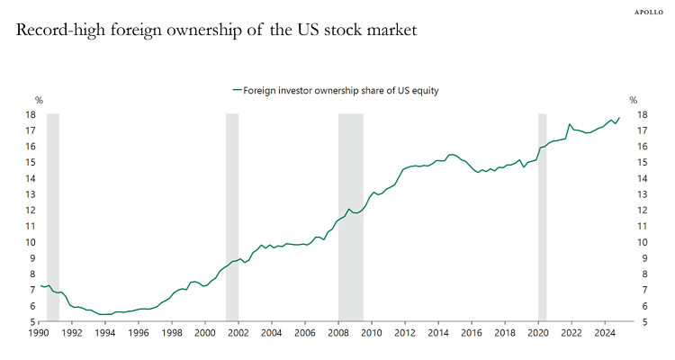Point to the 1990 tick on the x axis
pyautogui.click(x=39, y=333)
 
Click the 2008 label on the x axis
pyautogui.click(x=338, y=333)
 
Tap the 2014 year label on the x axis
pyautogui.click(x=438, y=333)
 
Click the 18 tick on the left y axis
pyautogui.click(x=31, y=114)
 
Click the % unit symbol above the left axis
pyautogui.click(x=39, y=100)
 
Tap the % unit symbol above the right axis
pyautogui.click(x=633, y=100)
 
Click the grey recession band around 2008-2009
pyautogui.click(x=350, y=216)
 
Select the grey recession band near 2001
pyautogui.click(x=232, y=216)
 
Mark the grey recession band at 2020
pyautogui.click(x=542, y=216)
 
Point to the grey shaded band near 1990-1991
pyautogui.click(x=53, y=216)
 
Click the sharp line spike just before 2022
pyautogui.click(x=570, y=124)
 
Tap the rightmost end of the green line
pyautogui.click(x=619, y=118)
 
